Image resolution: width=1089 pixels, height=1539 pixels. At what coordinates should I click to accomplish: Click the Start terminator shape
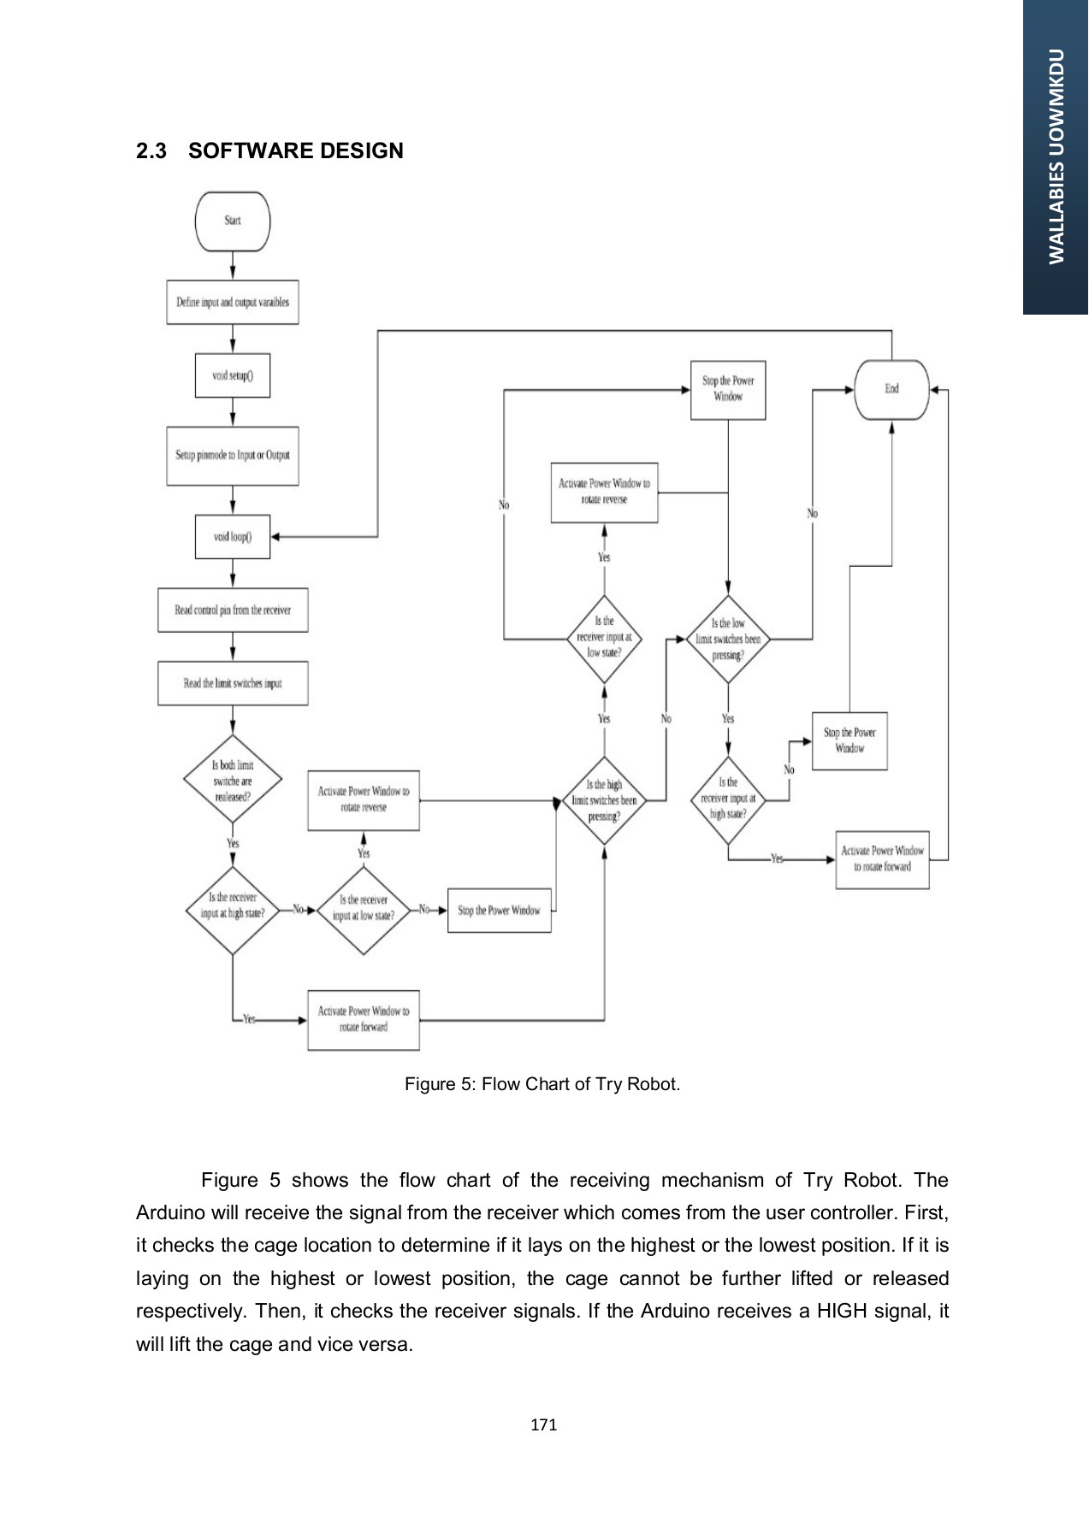tap(233, 221)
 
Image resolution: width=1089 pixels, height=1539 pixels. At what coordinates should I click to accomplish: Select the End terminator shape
tap(891, 389)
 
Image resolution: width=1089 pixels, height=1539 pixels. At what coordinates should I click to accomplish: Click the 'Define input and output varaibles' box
tap(233, 302)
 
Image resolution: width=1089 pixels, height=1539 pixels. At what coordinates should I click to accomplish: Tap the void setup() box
tap(233, 375)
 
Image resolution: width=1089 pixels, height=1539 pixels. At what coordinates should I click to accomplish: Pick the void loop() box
tap(233, 537)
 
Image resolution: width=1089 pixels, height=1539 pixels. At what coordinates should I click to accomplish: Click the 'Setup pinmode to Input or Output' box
tap(233, 456)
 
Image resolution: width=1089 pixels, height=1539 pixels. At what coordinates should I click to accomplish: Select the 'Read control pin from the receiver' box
tap(233, 610)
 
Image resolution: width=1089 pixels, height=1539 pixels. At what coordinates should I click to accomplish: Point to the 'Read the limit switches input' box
tap(233, 683)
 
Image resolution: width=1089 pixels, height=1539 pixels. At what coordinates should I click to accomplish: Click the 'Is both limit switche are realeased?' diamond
tap(233, 781)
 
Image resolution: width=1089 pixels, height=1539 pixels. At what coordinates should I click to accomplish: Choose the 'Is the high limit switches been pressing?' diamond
tap(604, 800)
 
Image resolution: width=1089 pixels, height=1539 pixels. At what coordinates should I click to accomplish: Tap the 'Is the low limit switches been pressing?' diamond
tap(727, 639)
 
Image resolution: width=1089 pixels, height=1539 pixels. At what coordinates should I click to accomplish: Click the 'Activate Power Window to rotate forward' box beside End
tap(882, 858)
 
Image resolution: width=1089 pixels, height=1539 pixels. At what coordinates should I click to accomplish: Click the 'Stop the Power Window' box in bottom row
tap(499, 911)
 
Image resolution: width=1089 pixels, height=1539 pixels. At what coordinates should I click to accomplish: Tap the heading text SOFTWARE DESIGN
tap(295, 151)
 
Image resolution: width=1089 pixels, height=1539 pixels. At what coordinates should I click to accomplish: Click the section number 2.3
tap(151, 151)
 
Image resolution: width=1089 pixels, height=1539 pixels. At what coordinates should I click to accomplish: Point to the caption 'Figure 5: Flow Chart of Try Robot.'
tap(542, 1084)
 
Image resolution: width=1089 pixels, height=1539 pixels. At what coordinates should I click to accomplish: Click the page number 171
tap(544, 1424)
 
